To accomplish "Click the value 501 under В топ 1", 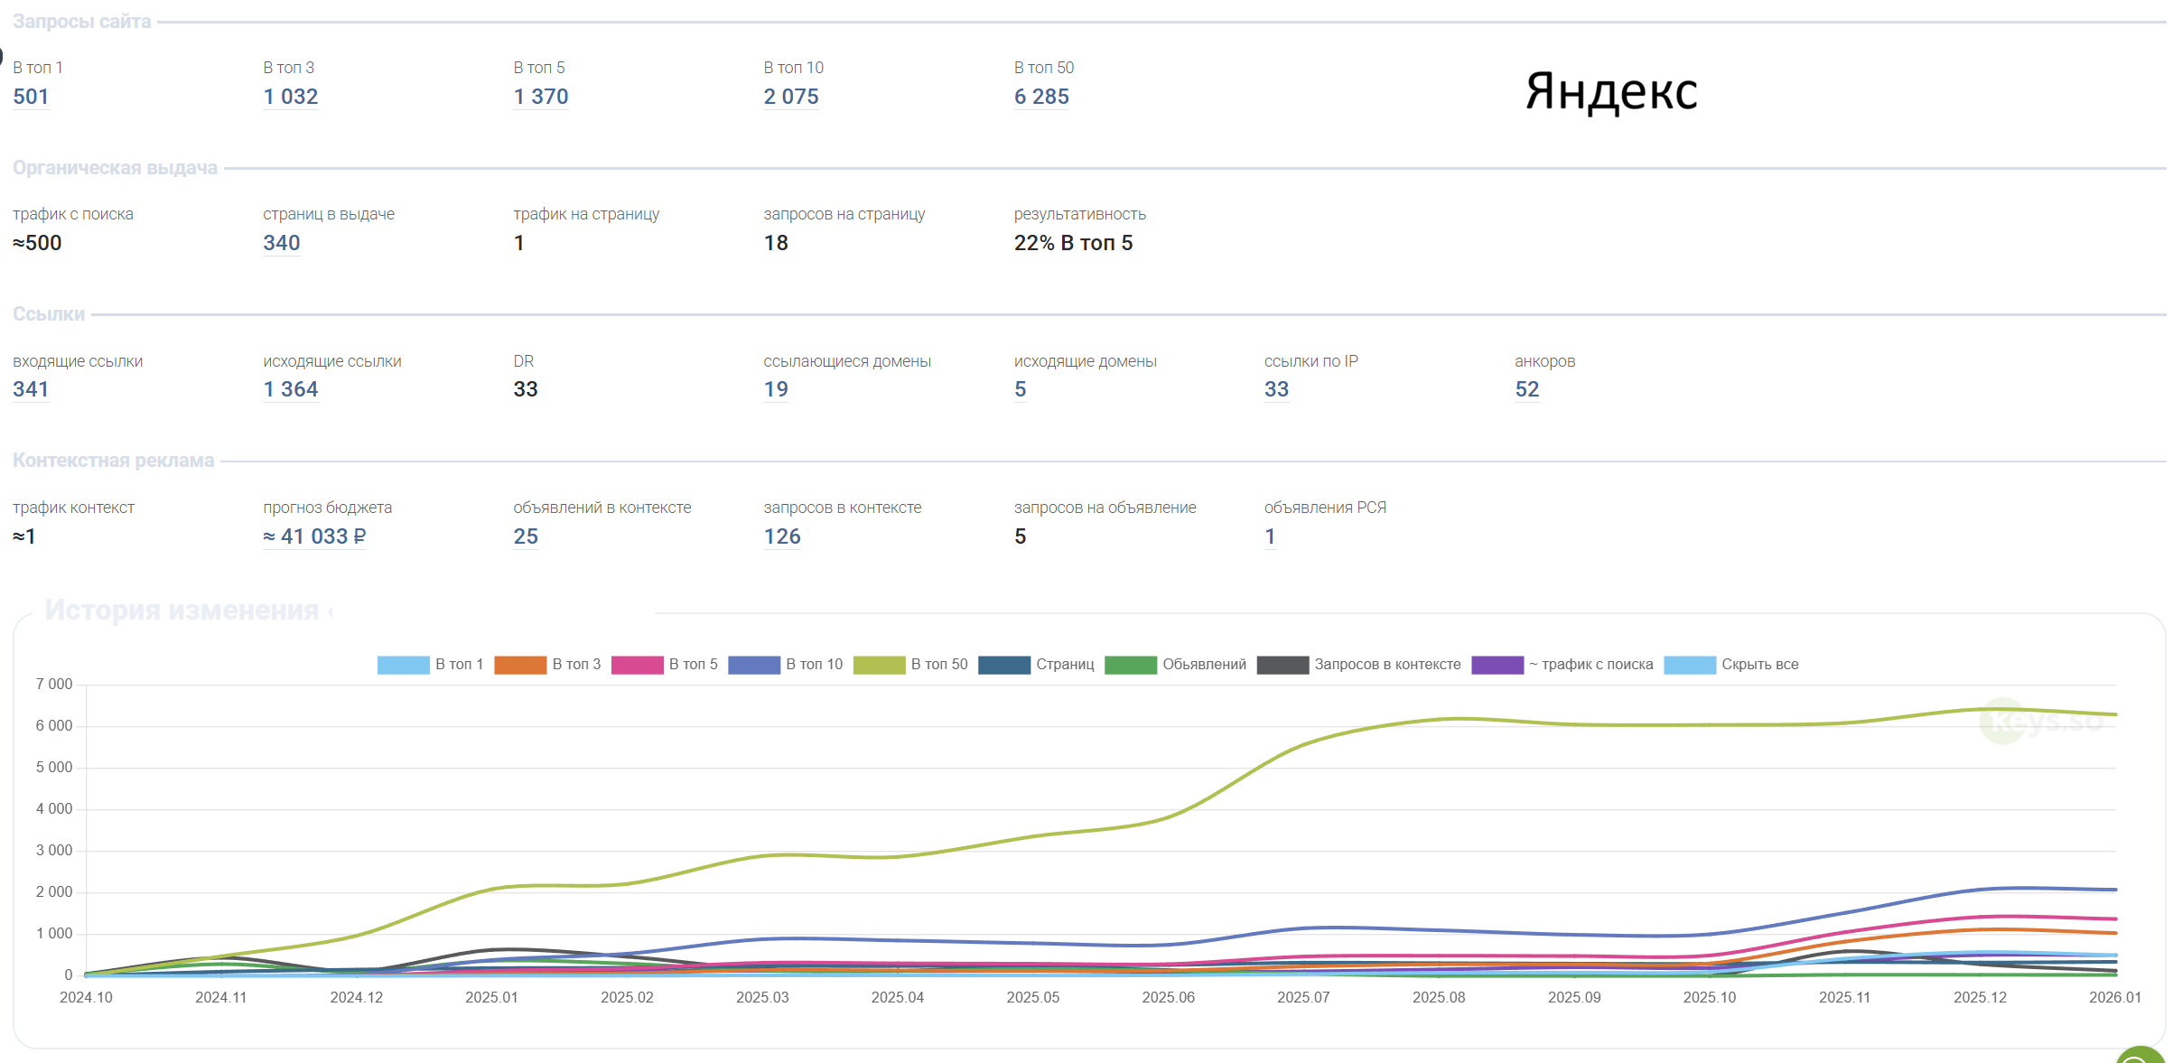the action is click(x=31, y=97).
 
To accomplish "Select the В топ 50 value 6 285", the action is click(x=1041, y=97).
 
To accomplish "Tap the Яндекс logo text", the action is click(x=1611, y=92).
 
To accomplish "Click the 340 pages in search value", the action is click(x=282, y=243).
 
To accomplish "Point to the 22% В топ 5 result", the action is click(x=1073, y=243).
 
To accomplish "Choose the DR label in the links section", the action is click(x=524, y=361).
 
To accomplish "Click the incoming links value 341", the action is click(x=31, y=389).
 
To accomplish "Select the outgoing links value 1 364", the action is click(x=291, y=389).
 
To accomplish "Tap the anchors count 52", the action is click(x=1527, y=389).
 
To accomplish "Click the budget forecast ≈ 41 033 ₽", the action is click(x=314, y=536).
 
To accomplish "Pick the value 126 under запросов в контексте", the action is click(x=782, y=536).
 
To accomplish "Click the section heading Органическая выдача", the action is click(x=115, y=168).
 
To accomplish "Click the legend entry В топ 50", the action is click(x=910, y=665).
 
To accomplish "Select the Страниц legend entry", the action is click(x=1036, y=665).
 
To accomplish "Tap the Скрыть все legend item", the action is click(x=1731, y=665).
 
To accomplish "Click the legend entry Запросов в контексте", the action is click(x=1358, y=665).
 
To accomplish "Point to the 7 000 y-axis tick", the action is click(x=54, y=685).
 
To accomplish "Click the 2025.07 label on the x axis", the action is click(x=1303, y=997).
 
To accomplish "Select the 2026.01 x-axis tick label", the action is click(x=2115, y=997).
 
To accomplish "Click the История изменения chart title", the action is click(x=182, y=611).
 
